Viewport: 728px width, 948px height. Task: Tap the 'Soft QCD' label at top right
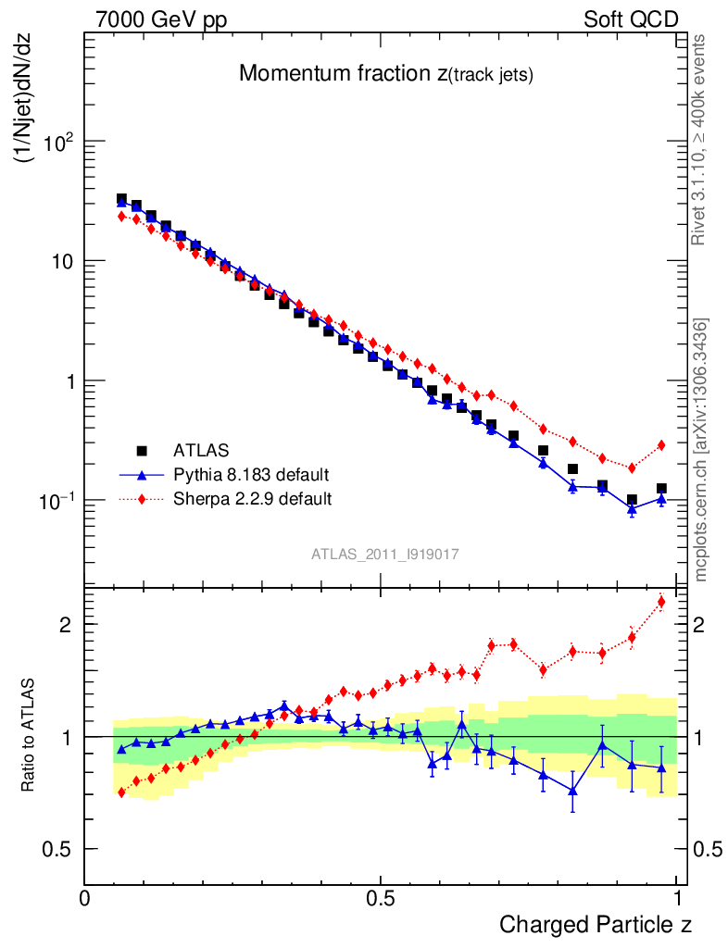tap(632, 19)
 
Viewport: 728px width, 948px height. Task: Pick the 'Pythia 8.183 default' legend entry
tap(251, 475)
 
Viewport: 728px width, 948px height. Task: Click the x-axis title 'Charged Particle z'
tap(596, 924)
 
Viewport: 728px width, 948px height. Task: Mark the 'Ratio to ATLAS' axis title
tap(30, 737)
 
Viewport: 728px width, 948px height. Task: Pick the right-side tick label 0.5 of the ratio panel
tap(707, 850)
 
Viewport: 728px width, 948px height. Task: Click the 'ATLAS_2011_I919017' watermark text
tap(385, 554)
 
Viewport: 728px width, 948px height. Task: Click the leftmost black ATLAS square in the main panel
tap(121, 199)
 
